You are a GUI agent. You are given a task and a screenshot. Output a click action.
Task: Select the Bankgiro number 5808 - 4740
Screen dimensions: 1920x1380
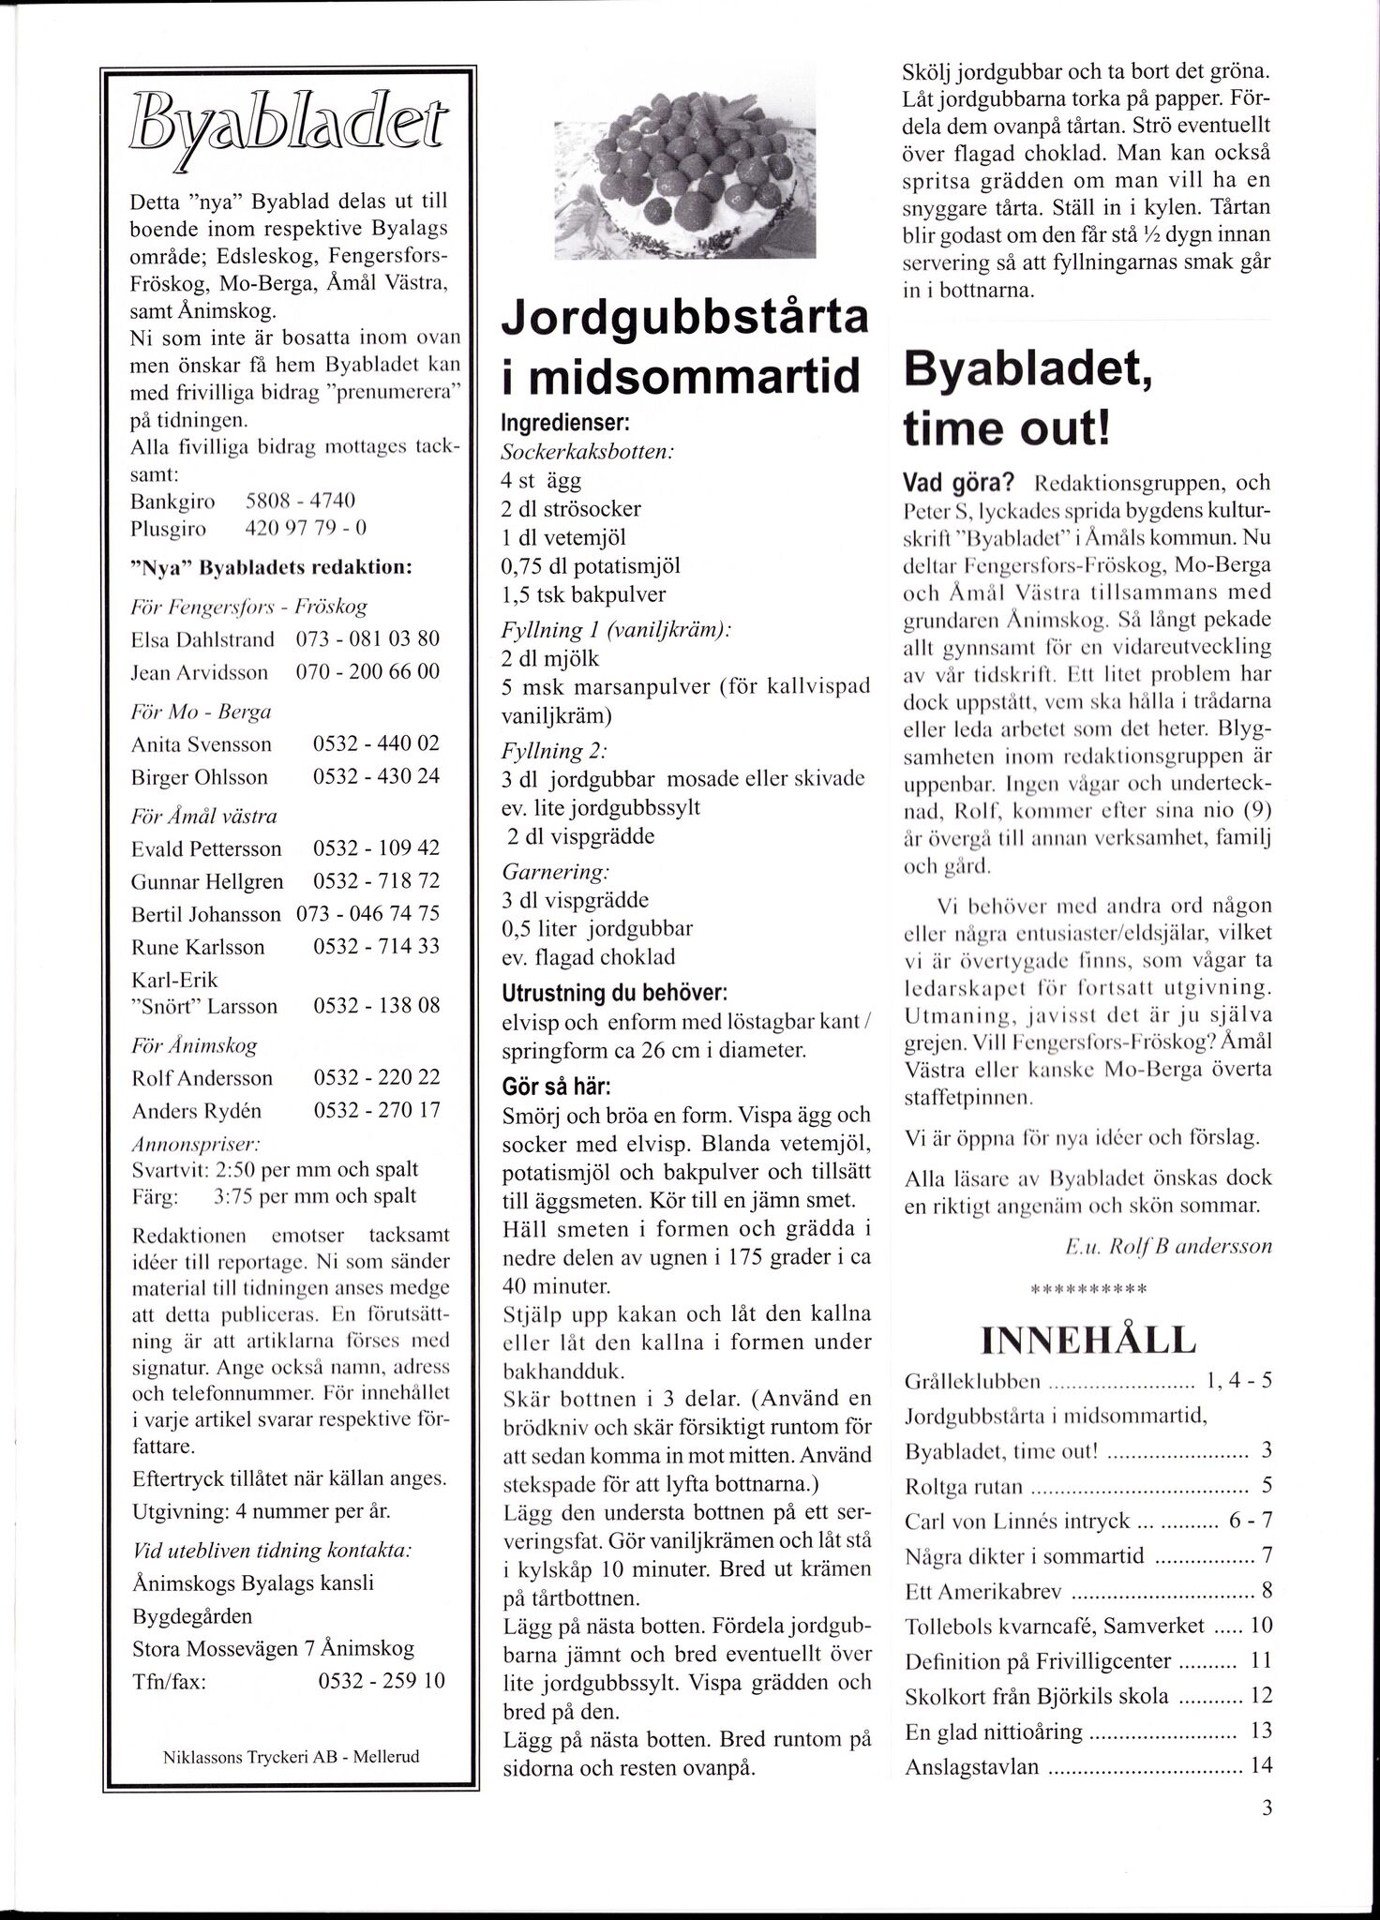pyautogui.click(x=299, y=502)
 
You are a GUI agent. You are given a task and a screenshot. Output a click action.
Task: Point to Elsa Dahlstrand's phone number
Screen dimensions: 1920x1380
pyautogui.click(x=367, y=639)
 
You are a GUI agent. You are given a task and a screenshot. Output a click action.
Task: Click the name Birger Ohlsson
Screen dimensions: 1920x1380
pyautogui.click(x=200, y=777)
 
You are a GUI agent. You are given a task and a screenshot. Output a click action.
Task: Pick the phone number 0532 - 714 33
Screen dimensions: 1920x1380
pyautogui.click(x=376, y=947)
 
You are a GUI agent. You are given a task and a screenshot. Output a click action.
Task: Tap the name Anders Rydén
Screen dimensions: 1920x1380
pyautogui.click(x=197, y=1111)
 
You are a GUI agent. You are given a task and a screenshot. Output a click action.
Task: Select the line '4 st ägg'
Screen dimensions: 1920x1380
pyautogui.click(x=541, y=481)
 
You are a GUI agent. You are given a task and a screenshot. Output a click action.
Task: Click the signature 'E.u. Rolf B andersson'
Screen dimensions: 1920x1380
pyautogui.click(x=1168, y=1247)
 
